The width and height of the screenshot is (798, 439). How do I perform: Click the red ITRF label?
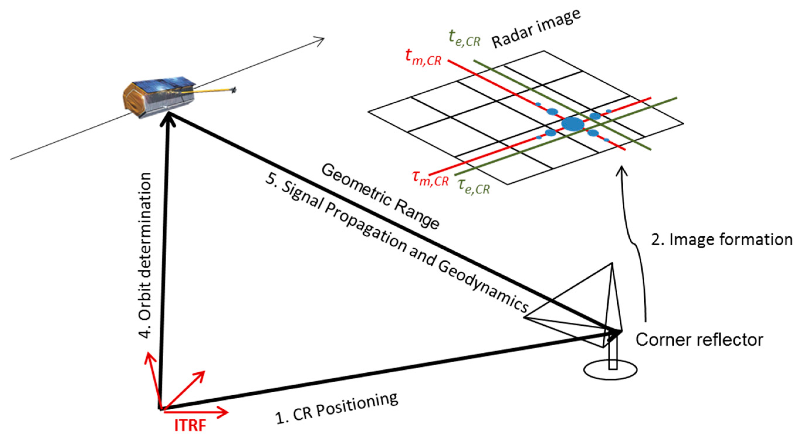click(190, 426)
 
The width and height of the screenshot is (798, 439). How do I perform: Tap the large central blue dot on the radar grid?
click(573, 124)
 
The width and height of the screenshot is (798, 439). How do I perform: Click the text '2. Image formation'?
click(721, 240)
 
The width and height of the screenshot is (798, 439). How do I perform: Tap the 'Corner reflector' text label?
click(699, 340)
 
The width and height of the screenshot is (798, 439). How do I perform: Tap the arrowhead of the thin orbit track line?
click(321, 39)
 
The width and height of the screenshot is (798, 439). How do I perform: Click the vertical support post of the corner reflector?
click(613, 357)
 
